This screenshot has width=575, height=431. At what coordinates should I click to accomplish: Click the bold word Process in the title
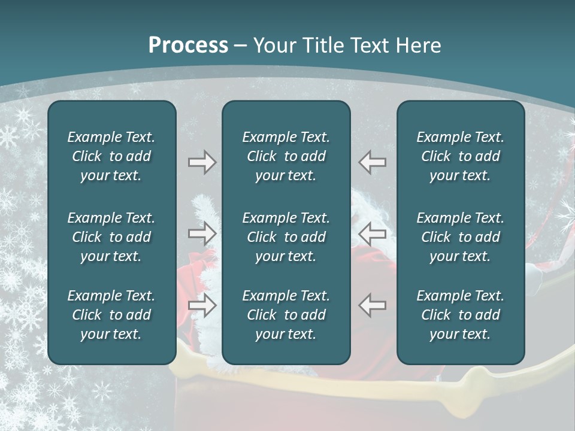click(x=188, y=45)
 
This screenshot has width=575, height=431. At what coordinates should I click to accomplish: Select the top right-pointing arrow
click(x=202, y=162)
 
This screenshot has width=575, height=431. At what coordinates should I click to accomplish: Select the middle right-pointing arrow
click(x=202, y=233)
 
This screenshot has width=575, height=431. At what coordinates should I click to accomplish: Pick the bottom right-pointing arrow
click(x=202, y=305)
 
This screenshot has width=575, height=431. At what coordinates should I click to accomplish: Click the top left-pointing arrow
click(x=372, y=162)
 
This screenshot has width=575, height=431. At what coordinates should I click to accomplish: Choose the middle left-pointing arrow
click(x=372, y=233)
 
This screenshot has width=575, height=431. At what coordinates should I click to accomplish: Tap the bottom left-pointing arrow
click(x=372, y=305)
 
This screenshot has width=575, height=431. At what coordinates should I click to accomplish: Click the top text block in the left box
click(x=111, y=156)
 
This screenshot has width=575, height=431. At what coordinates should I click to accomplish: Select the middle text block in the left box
click(x=111, y=237)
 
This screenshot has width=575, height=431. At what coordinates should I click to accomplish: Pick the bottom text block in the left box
click(x=111, y=315)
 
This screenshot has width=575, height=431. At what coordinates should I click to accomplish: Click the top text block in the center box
click(x=286, y=156)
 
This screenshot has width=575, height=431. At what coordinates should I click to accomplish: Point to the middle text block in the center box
click(x=286, y=237)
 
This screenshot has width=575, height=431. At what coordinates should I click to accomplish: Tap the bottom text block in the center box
click(x=286, y=315)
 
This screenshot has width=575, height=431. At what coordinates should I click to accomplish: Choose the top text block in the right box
click(x=460, y=156)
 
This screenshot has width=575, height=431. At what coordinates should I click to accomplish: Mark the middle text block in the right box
click(x=460, y=237)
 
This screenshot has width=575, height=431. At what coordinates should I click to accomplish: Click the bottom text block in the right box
click(x=460, y=315)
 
